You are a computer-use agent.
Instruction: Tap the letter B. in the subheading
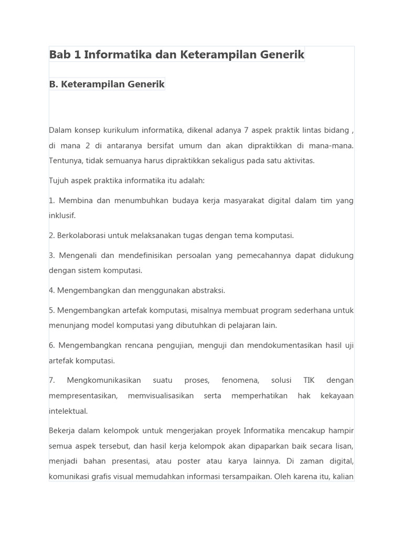tap(54, 84)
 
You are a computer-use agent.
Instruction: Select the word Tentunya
tap(65, 160)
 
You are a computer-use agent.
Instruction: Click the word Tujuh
tap(59, 180)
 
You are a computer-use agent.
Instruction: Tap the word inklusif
tap(62, 216)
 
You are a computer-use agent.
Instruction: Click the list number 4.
tap(51, 291)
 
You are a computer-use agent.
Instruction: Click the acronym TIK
tap(309, 380)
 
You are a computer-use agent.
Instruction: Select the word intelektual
tap(68, 411)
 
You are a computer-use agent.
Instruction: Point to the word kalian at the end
tap(343, 477)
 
